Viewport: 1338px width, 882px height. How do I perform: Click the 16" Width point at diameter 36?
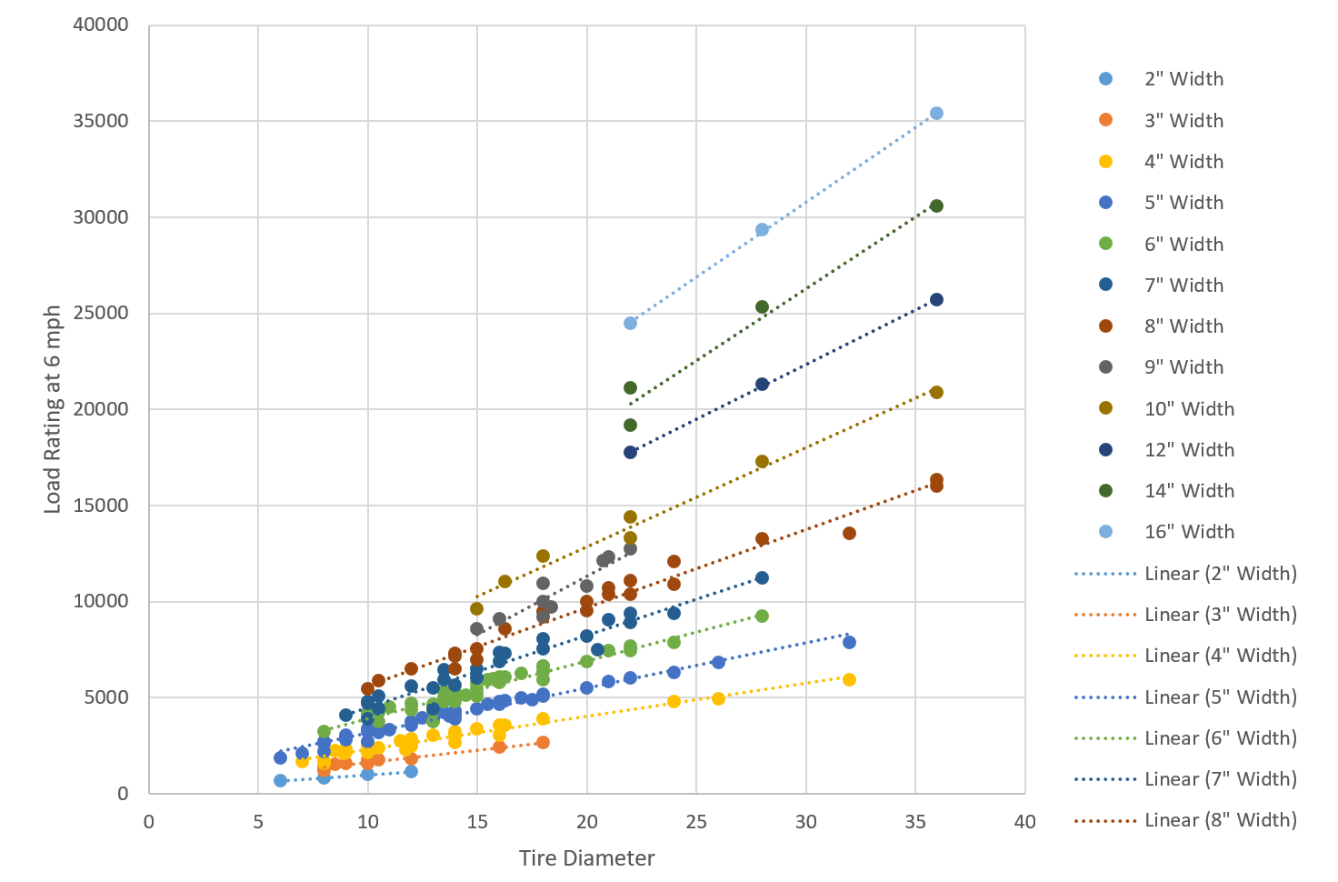tap(936, 114)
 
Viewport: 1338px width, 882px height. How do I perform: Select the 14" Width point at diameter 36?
tap(936, 206)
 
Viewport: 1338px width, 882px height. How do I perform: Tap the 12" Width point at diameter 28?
tap(762, 385)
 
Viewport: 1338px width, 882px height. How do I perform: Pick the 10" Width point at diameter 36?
tap(936, 393)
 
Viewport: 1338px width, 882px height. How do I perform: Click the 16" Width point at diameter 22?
tap(630, 324)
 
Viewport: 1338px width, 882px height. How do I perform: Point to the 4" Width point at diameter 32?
tap(849, 680)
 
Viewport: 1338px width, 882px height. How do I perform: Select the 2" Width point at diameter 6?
tap(280, 781)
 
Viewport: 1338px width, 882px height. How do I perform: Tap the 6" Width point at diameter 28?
tap(762, 616)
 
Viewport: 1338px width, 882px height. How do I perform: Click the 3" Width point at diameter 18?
tap(543, 743)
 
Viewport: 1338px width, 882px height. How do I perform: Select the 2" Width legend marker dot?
tap(1106, 79)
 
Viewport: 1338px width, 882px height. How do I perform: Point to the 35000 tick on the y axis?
tap(101, 121)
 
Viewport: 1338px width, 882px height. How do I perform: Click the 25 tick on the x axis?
tap(696, 822)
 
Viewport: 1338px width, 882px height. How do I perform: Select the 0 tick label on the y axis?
tap(123, 794)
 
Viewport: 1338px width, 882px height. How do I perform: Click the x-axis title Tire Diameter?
tap(586, 858)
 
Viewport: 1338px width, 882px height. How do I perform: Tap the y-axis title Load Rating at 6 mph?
tap(53, 409)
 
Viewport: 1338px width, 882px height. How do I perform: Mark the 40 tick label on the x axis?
tap(1024, 822)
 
